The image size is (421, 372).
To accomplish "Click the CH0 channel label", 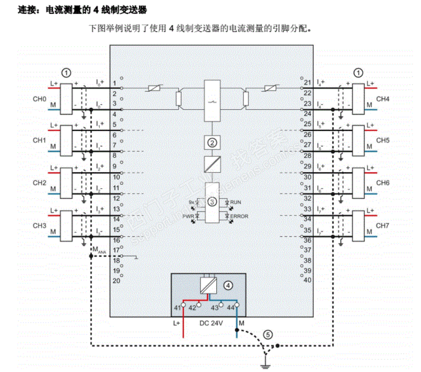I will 39,99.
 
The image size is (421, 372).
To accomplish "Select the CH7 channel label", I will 382,226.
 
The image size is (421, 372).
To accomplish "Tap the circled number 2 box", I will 213,143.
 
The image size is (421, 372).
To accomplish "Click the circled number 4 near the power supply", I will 228,286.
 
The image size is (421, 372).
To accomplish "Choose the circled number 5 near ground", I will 268,335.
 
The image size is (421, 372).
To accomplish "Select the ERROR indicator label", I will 239,216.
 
